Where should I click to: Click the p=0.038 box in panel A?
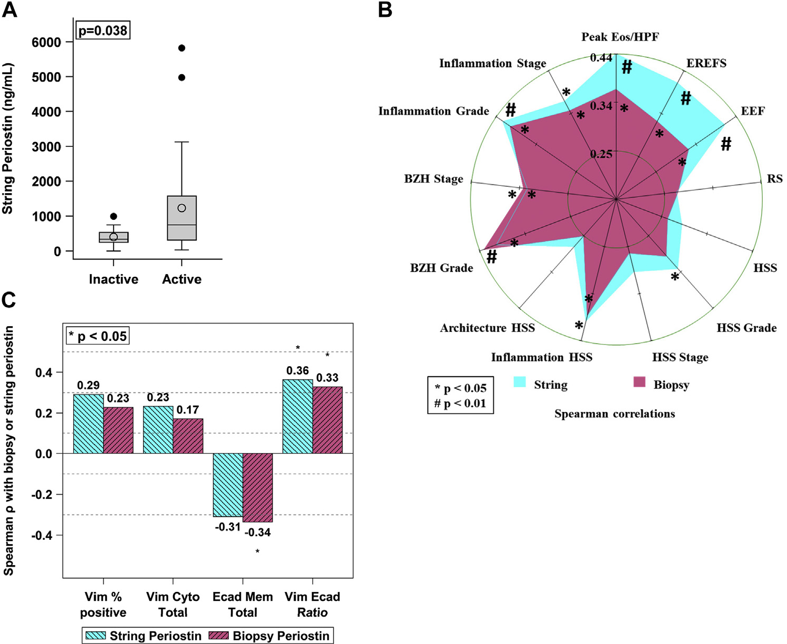coord(103,31)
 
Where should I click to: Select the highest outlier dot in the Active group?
coord(181,48)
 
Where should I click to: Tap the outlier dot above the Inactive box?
coord(114,216)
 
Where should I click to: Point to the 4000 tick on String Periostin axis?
coord(46,112)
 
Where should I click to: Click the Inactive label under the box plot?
coord(114,279)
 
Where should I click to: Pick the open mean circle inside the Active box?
coord(181,208)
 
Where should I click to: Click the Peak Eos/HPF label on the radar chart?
coord(620,37)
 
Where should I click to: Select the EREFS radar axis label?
coord(706,63)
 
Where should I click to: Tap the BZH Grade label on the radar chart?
coord(441,268)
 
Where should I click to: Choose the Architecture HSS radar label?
coord(487,328)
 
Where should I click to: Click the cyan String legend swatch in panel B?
coord(520,382)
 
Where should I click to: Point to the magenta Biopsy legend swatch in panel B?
coord(639,382)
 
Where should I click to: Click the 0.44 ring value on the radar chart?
coord(601,58)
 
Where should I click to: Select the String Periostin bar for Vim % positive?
coord(88,424)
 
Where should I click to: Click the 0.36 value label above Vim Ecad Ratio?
coord(297,371)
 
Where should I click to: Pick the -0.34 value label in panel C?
coord(258,532)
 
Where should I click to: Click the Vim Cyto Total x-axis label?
coord(173,605)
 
